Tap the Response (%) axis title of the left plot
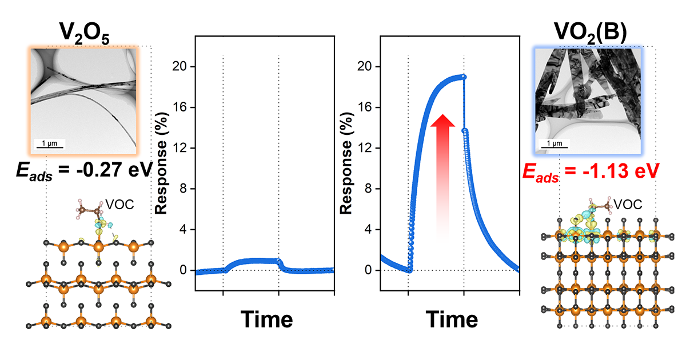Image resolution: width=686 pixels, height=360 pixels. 162,166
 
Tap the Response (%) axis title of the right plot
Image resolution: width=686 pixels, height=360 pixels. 347,166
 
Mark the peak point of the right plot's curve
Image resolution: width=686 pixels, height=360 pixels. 463,77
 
